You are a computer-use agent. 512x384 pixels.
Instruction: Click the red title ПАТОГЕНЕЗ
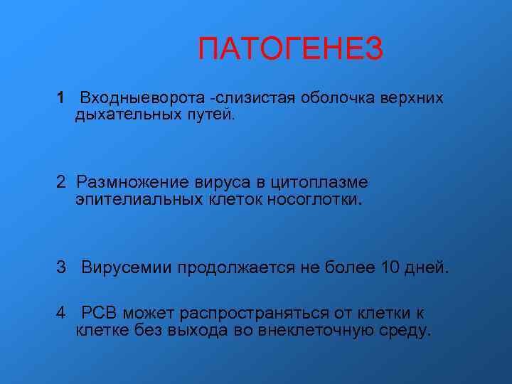[290, 50]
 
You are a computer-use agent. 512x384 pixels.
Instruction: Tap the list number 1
[62, 97]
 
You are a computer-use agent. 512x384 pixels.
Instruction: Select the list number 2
[63, 182]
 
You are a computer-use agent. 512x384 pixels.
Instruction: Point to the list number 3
[63, 267]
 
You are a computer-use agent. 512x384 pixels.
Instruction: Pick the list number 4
[63, 312]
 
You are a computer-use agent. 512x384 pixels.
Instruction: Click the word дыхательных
[119, 114]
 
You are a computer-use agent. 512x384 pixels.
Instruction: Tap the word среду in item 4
[405, 331]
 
